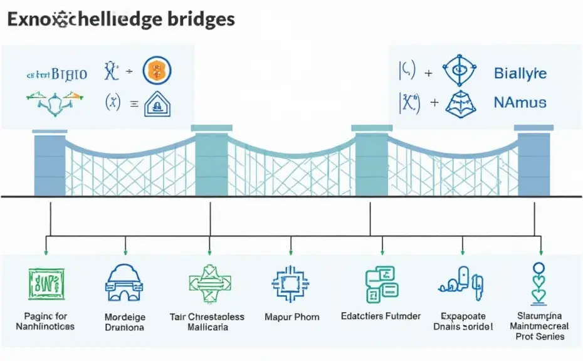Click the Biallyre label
pyautogui.click(x=520, y=73)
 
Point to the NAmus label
pyautogui.click(x=520, y=102)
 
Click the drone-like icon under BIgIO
pyautogui.click(x=55, y=100)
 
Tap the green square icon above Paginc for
pyautogui.click(x=46, y=283)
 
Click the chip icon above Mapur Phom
pyautogui.click(x=291, y=284)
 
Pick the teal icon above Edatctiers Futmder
pyautogui.click(x=381, y=284)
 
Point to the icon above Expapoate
pyautogui.click(x=462, y=281)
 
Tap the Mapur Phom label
pyautogui.click(x=292, y=317)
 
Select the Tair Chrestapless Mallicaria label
pyautogui.click(x=207, y=322)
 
